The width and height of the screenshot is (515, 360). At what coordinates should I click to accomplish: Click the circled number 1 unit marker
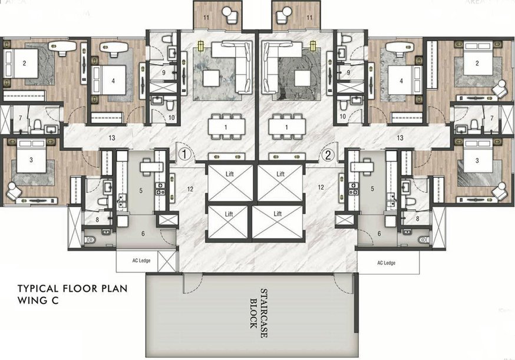(x=185, y=155)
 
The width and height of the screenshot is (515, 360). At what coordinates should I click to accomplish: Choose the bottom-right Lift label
(x=280, y=213)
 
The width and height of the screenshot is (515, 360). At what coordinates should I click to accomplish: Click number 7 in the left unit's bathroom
(x=21, y=119)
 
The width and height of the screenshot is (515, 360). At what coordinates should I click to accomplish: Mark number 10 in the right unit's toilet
(x=342, y=117)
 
